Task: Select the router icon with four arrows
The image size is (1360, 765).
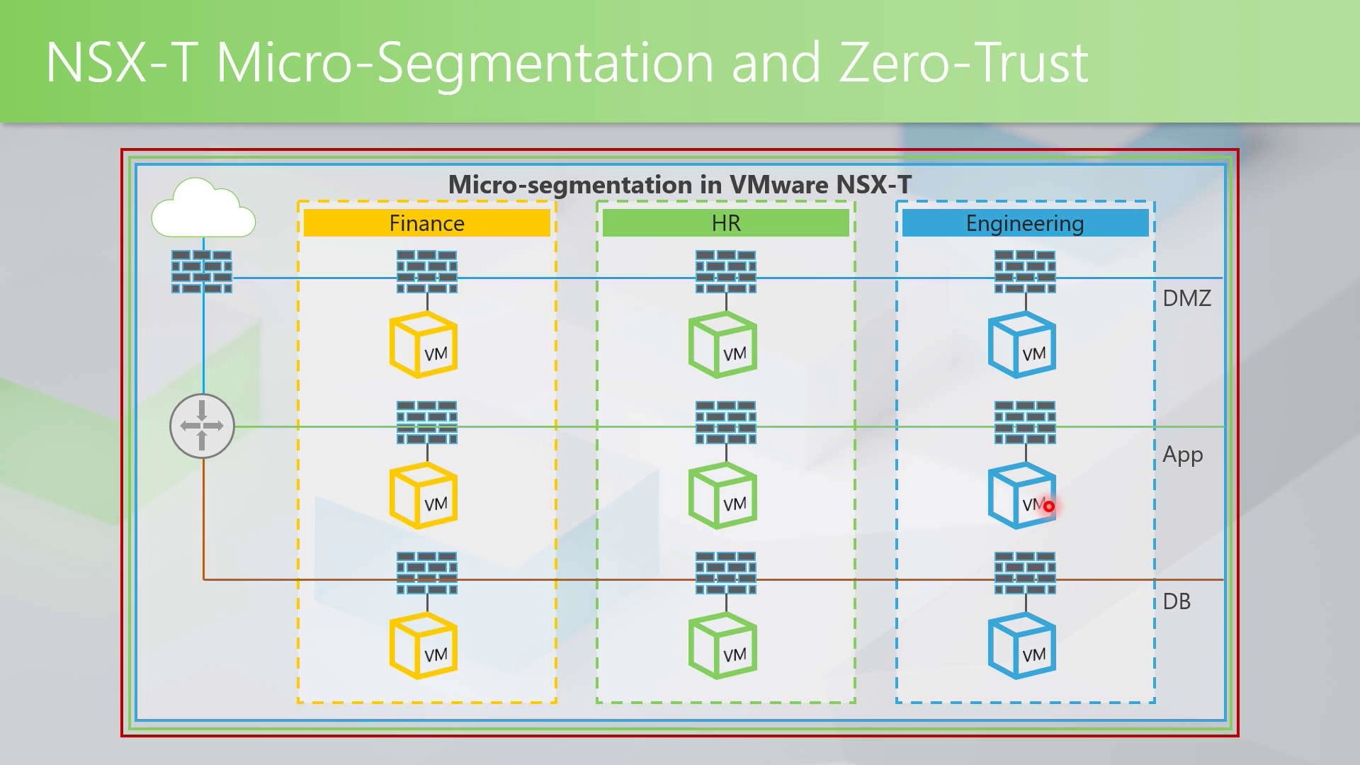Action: [202, 426]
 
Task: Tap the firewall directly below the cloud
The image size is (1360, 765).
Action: [202, 271]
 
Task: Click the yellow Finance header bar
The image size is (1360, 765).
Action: [426, 223]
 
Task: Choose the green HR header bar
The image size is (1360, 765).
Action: [725, 223]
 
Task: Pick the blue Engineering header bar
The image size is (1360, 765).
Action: [1025, 223]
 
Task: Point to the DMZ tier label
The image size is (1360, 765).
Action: [1186, 298]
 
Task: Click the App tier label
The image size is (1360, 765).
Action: [1182, 455]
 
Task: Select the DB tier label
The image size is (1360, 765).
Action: [1177, 601]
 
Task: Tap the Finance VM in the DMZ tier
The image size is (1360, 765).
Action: [424, 345]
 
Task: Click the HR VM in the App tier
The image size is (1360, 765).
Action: [722, 496]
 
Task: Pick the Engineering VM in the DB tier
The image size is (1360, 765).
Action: [1022, 646]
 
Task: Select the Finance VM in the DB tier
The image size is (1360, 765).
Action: [424, 646]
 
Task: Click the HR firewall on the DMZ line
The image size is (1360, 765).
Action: [725, 271]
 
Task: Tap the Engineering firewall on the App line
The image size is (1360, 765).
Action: [1025, 422]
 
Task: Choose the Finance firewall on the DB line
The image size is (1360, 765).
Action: [426, 572]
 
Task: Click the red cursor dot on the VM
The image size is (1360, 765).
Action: [1048, 506]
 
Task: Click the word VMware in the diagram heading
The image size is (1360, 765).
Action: [778, 185]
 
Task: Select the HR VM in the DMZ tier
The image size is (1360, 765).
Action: [722, 345]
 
